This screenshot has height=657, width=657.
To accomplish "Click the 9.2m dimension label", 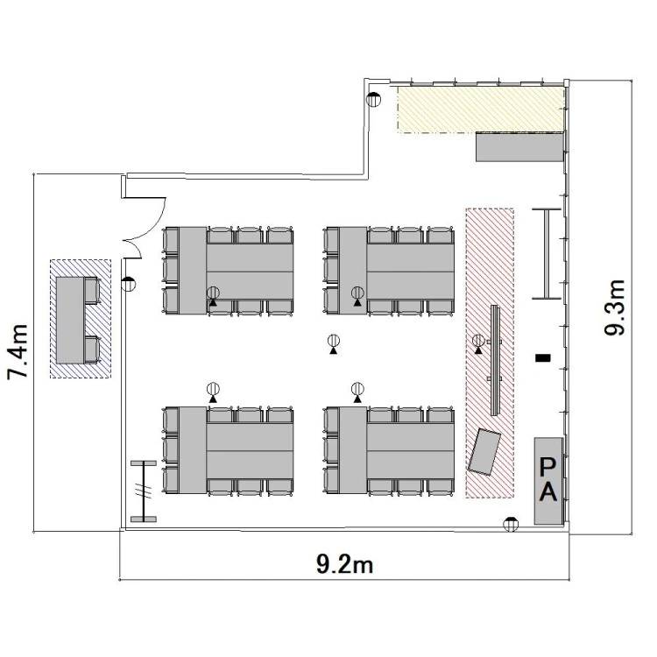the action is pos(344,564).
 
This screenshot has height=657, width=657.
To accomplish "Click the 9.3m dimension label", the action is pos(615,307).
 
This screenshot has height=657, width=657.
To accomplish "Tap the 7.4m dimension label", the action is pos(18,352).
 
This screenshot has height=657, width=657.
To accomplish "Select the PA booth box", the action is pos(548,481).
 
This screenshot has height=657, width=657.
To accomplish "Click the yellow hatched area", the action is pos(481,109).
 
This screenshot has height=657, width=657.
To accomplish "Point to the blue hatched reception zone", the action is pos(81,319).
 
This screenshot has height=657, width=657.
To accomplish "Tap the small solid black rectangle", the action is pos(543,357).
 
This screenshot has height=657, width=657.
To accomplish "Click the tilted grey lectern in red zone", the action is pos(484,452).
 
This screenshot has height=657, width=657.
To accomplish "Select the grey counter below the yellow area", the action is pos(519,146).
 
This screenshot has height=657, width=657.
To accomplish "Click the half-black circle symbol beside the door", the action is pos(129,284).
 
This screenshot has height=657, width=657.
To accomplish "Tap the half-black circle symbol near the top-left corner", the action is pos(373,99).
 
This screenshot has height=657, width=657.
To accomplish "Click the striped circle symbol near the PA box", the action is pos(511,524).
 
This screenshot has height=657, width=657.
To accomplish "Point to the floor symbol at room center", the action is pos(334,344).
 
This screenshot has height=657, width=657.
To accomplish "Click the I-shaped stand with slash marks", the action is pos(144,491).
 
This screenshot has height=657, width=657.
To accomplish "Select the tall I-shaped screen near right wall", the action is pos(547,253).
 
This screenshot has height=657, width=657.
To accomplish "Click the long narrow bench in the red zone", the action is pos(495,360).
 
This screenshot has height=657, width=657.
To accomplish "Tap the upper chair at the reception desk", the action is pos(92,290).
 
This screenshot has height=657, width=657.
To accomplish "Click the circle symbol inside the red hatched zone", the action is pos(478,343).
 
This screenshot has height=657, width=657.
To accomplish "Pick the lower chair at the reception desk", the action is pos(92,350).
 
